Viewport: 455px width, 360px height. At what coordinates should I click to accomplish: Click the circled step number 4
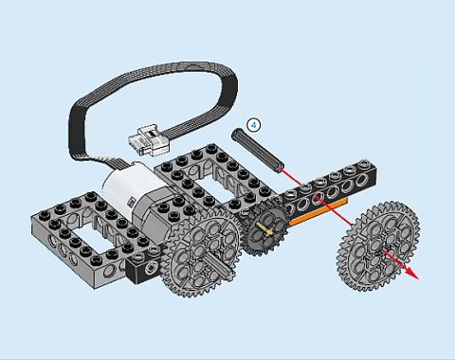(x=254, y=125)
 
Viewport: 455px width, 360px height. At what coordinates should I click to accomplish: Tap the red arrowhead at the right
(x=411, y=273)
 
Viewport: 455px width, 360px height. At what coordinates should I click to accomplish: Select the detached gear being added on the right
(x=379, y=246)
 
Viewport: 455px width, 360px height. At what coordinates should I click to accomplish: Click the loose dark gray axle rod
(x=258, y=150)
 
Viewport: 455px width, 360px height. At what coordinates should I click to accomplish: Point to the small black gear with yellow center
(x=267, y=226)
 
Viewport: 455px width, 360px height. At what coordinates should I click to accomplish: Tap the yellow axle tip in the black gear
(x=267, y=229)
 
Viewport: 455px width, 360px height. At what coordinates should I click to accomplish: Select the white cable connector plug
(x=149, y=141)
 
